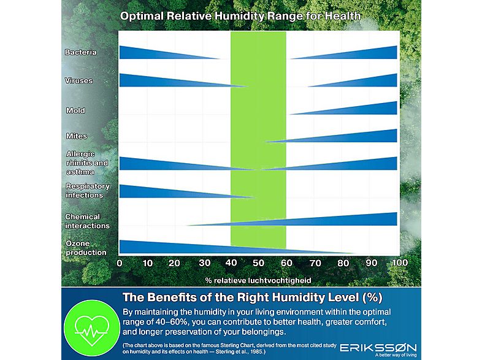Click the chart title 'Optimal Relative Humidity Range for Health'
pos(240,16)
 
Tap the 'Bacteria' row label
pos(80,52)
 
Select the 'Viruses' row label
pos(78,80)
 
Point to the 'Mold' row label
pos(75,110)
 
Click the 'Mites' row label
pos(77,136)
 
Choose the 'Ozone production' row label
pos(86,248)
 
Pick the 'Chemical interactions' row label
pos(87,221)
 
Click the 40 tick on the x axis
pos(231,262)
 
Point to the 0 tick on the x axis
pos(120,263)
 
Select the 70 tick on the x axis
pos(315,263)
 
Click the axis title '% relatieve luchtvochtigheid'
pos(258,280)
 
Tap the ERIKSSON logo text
pos(378,348)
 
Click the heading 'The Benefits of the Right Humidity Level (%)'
pos(253,297)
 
